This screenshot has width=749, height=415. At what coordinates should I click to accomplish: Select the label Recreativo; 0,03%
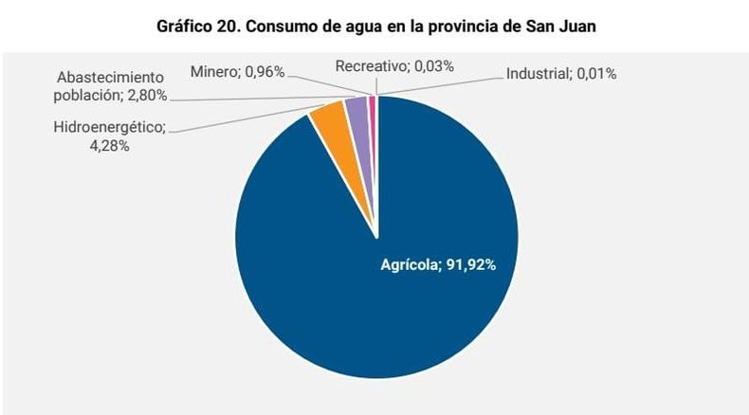(x=394, y=65)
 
